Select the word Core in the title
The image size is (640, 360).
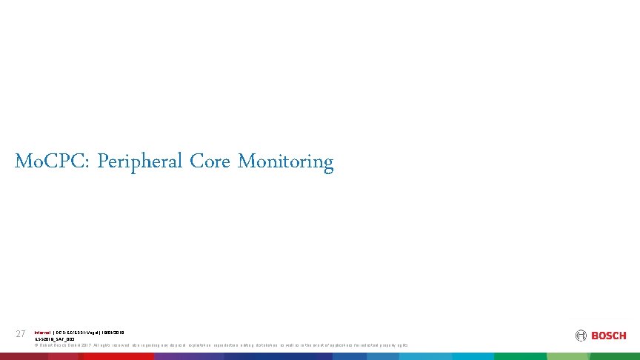(211, 161)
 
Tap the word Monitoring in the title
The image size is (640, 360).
(286, 161)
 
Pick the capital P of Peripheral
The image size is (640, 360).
(102, 161)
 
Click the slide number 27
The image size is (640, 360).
(21, 334)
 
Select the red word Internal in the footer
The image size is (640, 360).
(43, 333)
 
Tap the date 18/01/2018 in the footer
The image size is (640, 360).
(114, 333)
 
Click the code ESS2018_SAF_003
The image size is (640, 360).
(55, 339)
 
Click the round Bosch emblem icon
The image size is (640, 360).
(581, 336)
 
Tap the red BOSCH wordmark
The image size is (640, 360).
(608, 336)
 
